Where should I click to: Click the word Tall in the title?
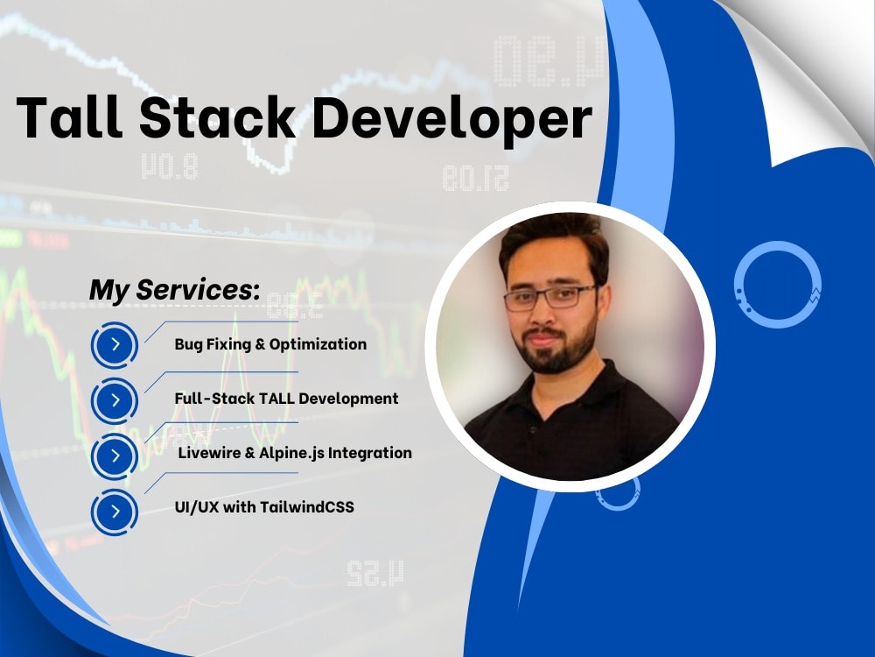point(67,118)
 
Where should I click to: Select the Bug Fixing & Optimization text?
point(270,344)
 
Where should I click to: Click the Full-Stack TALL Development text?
point(286,399)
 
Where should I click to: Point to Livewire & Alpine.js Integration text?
point(295,453)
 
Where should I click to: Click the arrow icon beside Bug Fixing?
point(115,345)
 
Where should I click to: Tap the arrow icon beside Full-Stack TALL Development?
point(115,400)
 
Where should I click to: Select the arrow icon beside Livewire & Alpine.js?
point(115,456)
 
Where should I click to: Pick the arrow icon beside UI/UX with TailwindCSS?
point(115,511)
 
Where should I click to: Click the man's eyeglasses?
point(549,298)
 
